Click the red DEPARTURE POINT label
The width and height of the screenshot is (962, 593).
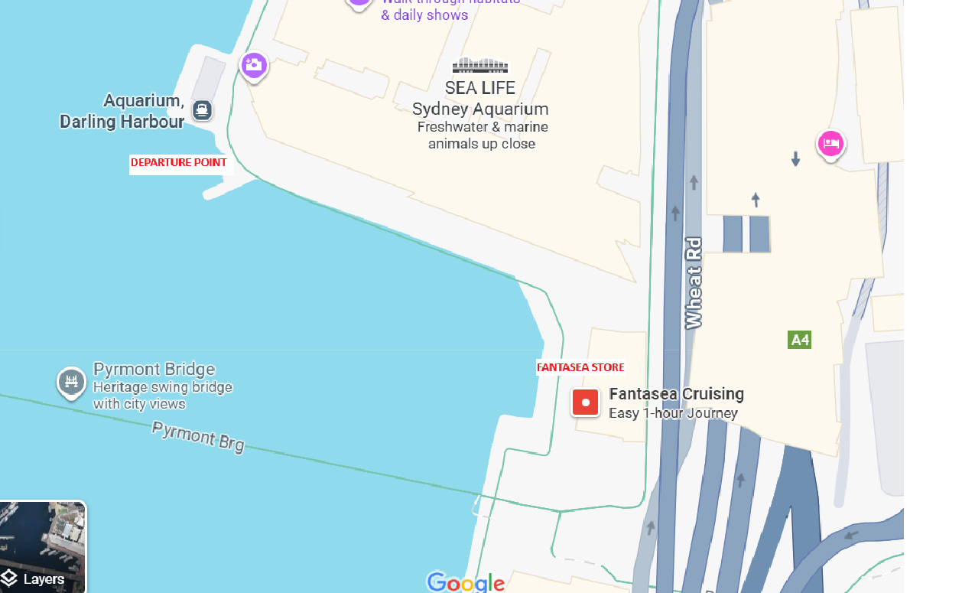(179, 162)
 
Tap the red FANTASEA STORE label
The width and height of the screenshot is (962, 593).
(580, 367)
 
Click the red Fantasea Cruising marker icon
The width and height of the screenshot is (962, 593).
(586, 402)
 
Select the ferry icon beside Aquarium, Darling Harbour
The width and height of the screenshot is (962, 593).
(202, 110)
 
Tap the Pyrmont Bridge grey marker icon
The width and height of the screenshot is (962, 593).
(71, 381)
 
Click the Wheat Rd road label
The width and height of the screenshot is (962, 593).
(694, 283)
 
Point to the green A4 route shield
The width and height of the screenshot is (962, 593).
(799, 340)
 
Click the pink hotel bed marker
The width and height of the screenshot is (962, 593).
(830, 143)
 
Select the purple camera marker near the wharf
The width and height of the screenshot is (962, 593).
(254, 65)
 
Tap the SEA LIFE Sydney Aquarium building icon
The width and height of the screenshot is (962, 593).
(480, 66)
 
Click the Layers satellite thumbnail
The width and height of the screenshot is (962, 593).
(43, 546)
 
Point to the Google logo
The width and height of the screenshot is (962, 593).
(466, 582)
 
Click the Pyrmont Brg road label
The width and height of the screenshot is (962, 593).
(198, 436)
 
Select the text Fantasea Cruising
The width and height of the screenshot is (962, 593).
(676, 394)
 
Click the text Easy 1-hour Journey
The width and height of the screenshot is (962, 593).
(673, 413)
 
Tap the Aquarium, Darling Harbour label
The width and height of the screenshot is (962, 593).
(122, 111)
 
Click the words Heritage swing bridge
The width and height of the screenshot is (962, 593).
(162, 387)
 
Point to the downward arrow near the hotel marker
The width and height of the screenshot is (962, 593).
(795, 159)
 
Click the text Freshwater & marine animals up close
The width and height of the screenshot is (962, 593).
(482, 135)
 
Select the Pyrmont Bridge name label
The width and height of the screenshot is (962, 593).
(154, 370)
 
